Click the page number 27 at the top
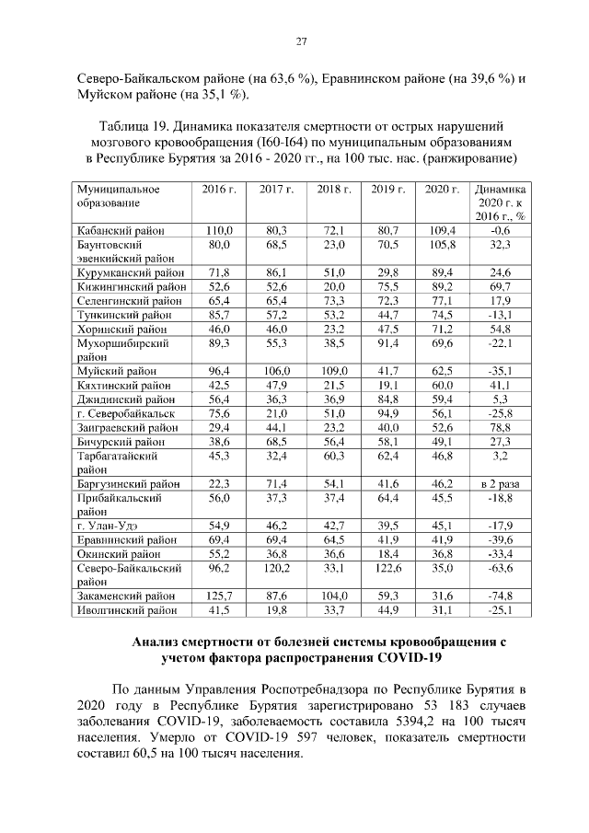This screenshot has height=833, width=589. point(300,40)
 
